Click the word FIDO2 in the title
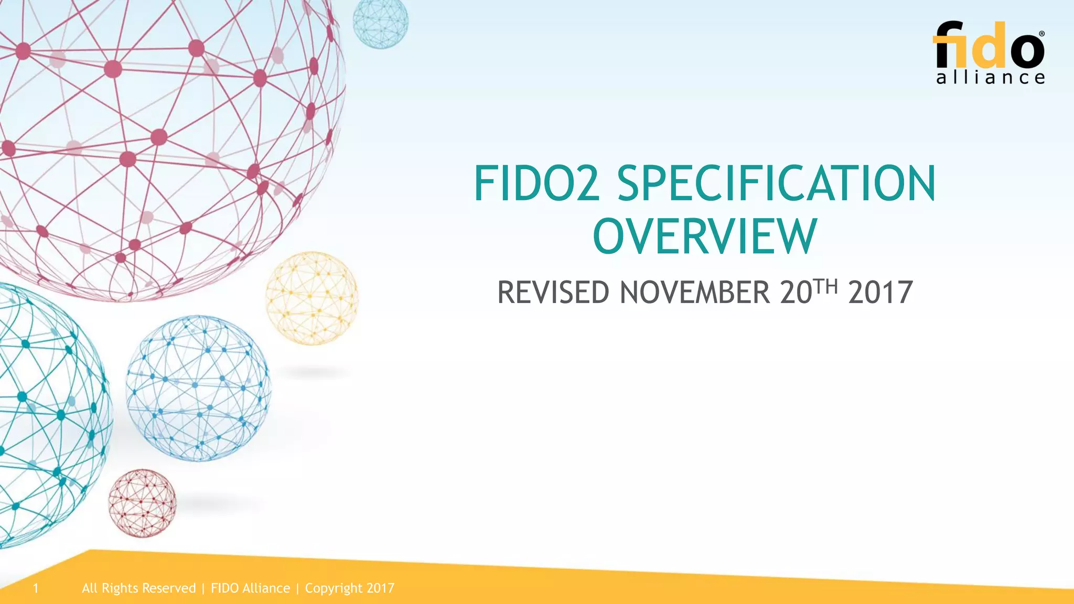[x=536, y=183]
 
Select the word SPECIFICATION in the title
[x=776, y=183]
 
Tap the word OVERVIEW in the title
[x=705, y=236]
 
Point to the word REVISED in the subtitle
[x=553, y=293]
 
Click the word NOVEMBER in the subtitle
[x=695, y=293]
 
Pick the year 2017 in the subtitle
[x=880, y=293]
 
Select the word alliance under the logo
[x=990, y=78]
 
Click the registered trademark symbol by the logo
[x=1041, y=34]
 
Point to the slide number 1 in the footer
[x=36, y=588]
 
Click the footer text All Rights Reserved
[x=139, y=588]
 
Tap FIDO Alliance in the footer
[x=250, y=588]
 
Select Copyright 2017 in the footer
[x=350, y=588]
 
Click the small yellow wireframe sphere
[x=312, y=298]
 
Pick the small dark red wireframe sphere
[x=142, y=503]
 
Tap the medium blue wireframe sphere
[x=198, y=388]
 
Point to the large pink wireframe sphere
[x=157, y=136]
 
